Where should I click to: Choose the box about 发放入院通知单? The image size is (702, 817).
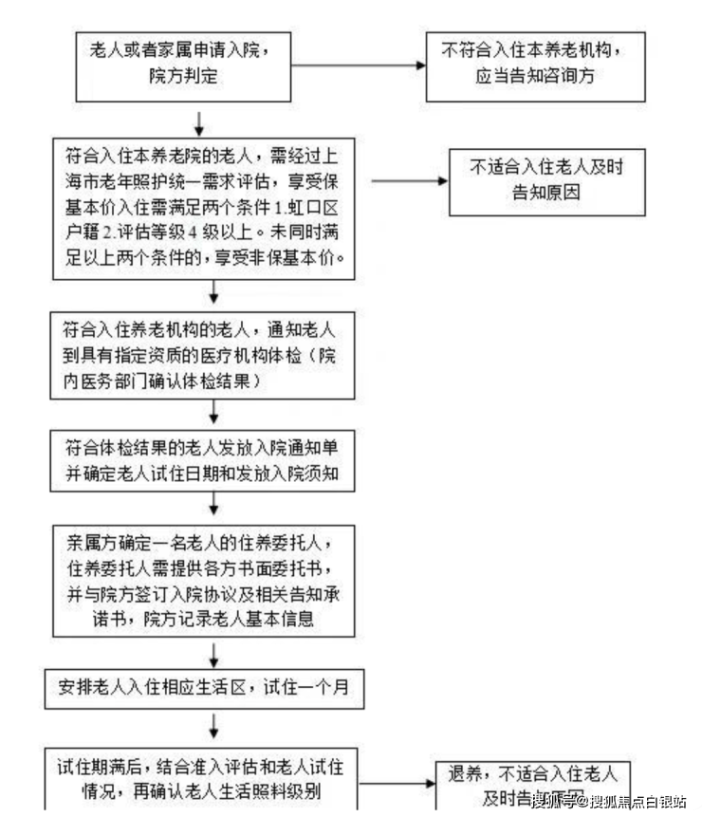pyautogui.click(x=204, y=460)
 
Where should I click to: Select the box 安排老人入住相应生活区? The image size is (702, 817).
pyautogui.click(x=203, y=689)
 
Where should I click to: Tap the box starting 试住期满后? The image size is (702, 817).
pyautogui.click(x=203, y=779)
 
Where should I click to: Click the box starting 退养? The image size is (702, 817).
pyautogui.click(x=532, y=784)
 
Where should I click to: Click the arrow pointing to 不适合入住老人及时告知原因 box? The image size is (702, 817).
pyautogui.click(x=407, y=180)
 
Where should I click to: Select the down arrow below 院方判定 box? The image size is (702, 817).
pyautogui.click(x=200, y=121)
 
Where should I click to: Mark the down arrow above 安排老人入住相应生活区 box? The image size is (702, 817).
pyautogui.click(x=215, y=654)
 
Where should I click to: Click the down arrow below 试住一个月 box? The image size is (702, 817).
pyautogui.click(x=215, y=726)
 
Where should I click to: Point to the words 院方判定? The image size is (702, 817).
pyautogui.click(x=183, y=77)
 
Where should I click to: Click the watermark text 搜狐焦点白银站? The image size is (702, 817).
pyautogui.click(x=637, y=801)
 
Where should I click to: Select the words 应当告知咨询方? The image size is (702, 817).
pyautogui.click(x=535, y=77)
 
